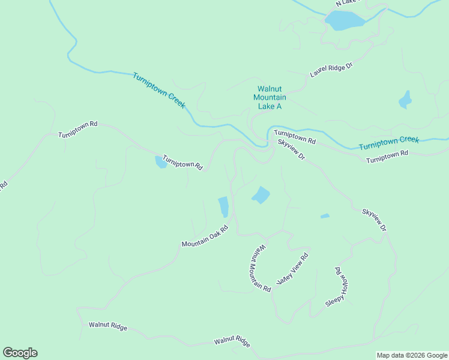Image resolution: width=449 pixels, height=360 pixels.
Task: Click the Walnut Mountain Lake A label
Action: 270,97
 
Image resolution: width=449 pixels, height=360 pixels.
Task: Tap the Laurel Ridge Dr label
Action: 330,70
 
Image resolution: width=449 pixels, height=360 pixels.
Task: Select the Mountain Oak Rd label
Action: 205,236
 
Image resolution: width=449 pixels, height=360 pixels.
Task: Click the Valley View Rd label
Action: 292,269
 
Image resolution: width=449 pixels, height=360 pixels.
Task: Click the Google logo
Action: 20,353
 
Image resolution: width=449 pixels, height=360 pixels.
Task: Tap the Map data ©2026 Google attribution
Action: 412,355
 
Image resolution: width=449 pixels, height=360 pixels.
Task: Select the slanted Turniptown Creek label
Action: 159,90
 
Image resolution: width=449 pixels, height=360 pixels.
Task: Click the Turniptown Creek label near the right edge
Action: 388,143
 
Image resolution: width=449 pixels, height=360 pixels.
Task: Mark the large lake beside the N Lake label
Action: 345,20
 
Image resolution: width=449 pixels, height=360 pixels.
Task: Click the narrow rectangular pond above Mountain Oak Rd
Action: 223,206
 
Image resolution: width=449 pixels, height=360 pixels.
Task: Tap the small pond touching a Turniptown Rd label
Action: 160,162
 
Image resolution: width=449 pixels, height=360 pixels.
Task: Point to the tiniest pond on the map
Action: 325,216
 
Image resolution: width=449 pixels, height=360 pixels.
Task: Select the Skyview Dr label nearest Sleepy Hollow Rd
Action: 374,220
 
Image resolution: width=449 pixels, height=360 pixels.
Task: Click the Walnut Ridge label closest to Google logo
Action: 108,326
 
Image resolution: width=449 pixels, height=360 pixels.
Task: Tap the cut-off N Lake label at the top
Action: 346,3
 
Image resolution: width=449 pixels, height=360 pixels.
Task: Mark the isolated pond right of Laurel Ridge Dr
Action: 405,100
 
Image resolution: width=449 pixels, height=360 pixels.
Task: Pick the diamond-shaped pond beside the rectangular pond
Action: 261,195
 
